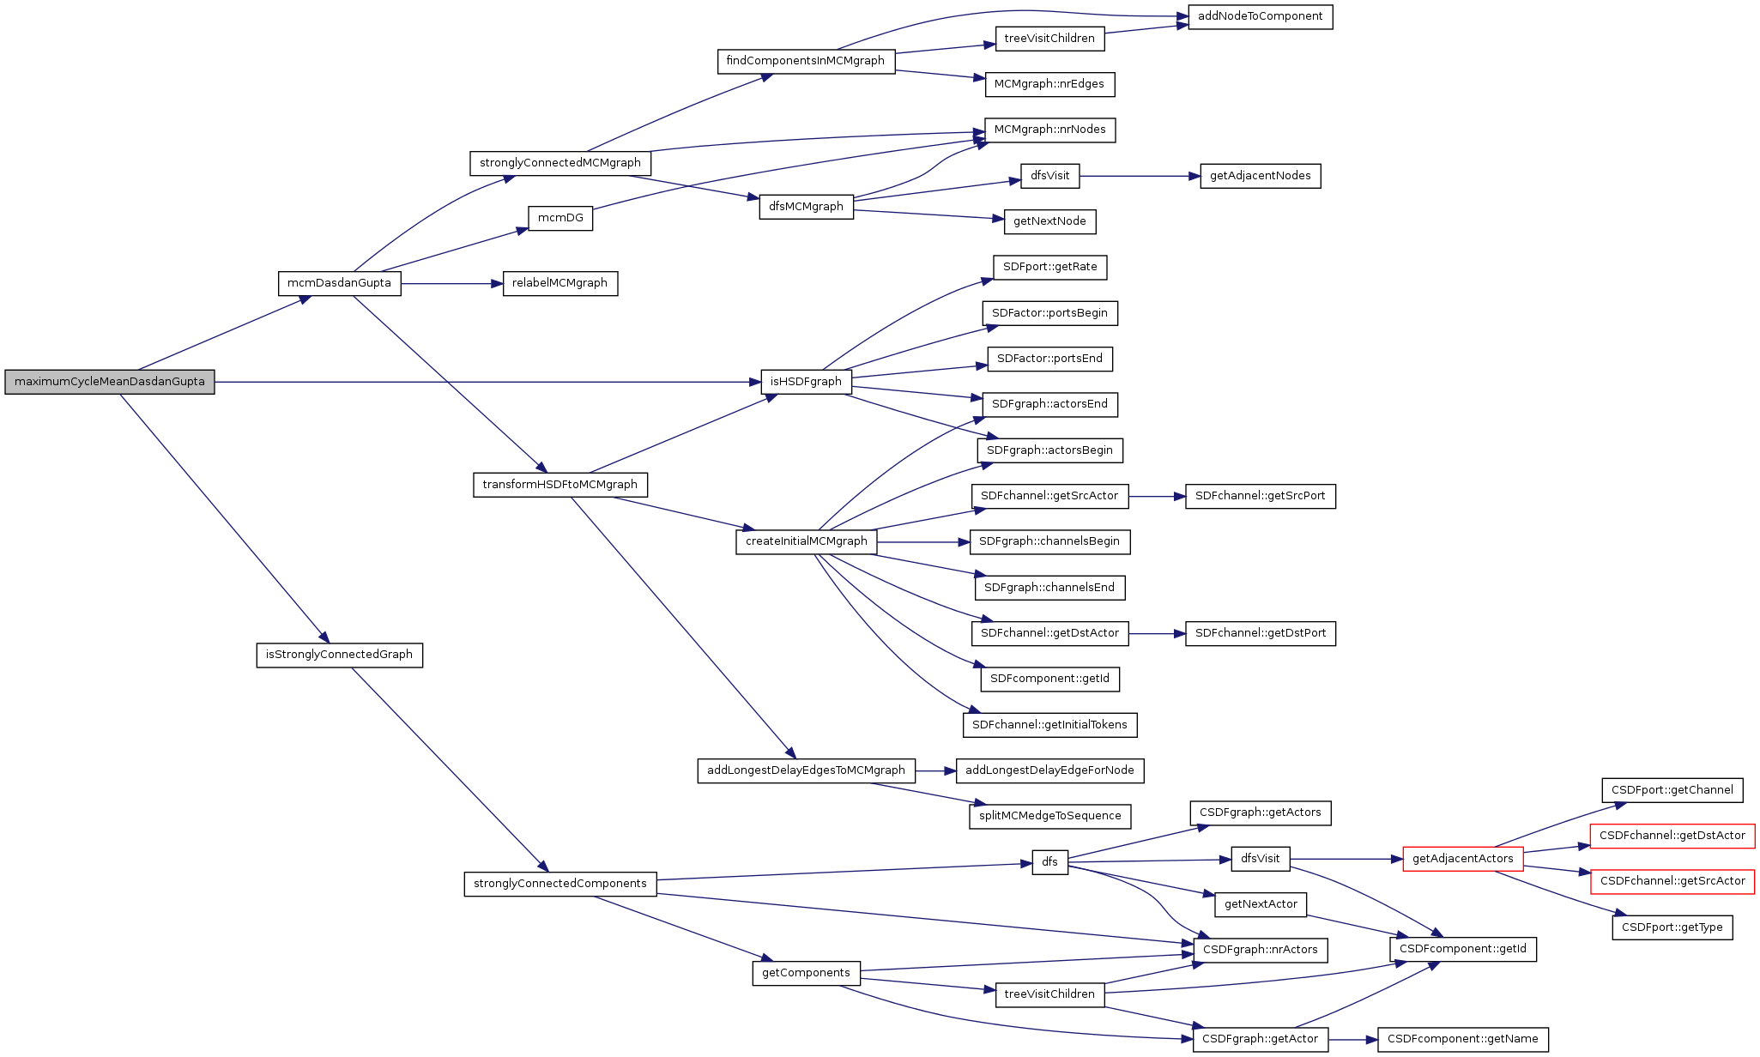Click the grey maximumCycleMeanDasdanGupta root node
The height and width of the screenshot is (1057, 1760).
(109, 382)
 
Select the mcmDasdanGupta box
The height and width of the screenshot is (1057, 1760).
(339, 283)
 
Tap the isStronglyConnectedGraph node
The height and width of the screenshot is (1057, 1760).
(339, 655)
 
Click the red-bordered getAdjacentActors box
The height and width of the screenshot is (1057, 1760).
(1462, 859)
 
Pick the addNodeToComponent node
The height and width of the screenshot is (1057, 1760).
(1260, 16)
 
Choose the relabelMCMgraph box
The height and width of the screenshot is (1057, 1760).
(559, 283)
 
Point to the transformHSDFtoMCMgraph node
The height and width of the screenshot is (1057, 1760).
(559, 485)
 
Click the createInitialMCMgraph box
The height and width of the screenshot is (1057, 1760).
(806, 541)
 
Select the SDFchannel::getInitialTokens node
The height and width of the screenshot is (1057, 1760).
(1049, 725)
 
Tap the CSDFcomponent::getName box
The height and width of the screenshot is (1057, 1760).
(1462, 1039)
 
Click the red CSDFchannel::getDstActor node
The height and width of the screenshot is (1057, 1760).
(1672, 836)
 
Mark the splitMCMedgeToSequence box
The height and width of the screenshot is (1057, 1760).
(1049, 816)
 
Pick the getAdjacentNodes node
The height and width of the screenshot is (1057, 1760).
(1260, 176)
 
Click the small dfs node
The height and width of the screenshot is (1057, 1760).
(1049, 862)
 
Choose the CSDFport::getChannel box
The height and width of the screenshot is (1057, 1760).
(1672, 790)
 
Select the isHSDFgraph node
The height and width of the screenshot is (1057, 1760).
(806, 382)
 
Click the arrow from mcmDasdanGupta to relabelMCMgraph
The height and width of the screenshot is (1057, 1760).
(451, 283)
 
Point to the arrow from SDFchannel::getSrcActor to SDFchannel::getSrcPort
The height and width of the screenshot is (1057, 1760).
(1157, 496)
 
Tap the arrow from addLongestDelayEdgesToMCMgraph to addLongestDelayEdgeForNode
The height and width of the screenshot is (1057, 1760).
(935, 770)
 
